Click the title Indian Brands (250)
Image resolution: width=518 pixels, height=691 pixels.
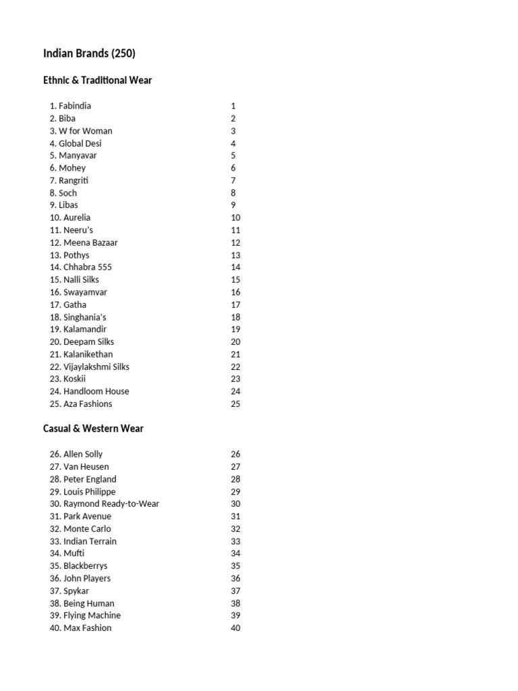pyautogui.click(x=89, y=54)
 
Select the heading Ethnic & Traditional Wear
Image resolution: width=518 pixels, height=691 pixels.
pyautogui.click(x=97, y=80)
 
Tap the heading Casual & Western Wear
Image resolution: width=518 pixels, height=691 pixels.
pyautogui.click(x=93, y=429)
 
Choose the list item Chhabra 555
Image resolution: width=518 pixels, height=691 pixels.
pyautogui.click(x=87, y=267)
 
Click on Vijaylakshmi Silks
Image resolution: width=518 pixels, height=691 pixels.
pyautogui.click(x=96, y=367)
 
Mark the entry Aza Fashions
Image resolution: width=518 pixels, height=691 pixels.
pyautogui.click(x=87, y=404)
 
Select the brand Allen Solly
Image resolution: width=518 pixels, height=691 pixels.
pyautogui.click(x=82, y=454)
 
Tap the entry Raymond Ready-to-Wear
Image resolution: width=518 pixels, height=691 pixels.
pyautogui.click(x=111, y=504)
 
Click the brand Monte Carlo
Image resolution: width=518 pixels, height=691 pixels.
pyautogui.click(x=86, y=529)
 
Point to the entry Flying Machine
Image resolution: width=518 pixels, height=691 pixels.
pyautogui.click(x=92, y=615)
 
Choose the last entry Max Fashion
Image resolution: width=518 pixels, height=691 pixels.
pyautogui.click(x=87, y=628)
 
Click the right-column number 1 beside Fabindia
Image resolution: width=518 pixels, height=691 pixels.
pyautogui.click(x=233, y=106)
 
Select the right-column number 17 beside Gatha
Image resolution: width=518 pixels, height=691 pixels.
pyautogui.click(x=235, y=305)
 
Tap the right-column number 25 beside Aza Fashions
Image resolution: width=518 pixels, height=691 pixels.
pyautogui.click(x=235, y=404)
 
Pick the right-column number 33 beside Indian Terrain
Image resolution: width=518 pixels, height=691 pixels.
pyautogui.click(x=235, y=541)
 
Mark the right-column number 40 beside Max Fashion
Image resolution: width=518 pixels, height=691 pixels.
pyautogui.click(x=235, y=628)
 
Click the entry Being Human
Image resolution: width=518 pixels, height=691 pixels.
pyautogui.click(x=88, y=603)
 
